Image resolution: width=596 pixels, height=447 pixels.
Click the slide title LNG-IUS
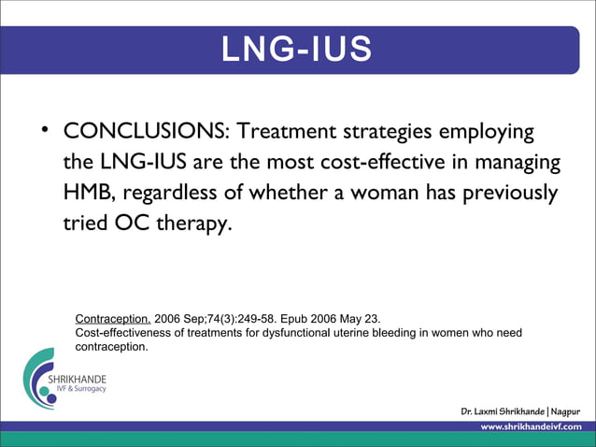point(297,50)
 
